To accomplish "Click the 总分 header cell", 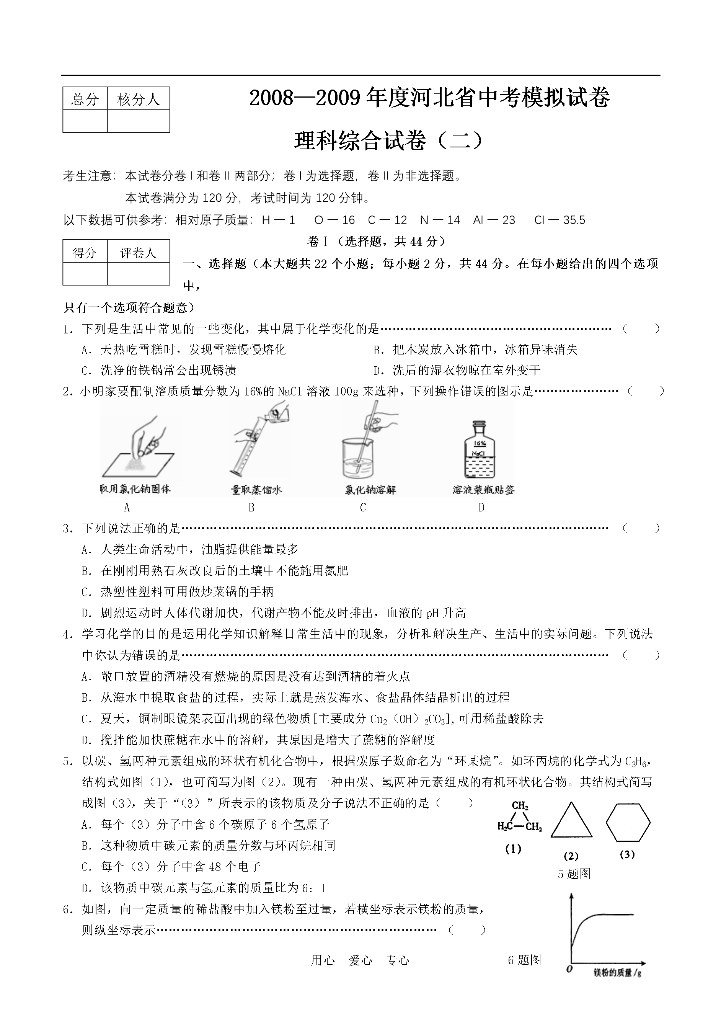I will tap(85, 99).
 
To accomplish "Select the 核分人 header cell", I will tap(139, 99).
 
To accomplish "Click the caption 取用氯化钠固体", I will tap(135, 489).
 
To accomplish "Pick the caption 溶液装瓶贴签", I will tap(483, 490).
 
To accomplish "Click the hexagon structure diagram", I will tap(628, 822).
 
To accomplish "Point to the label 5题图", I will tap(574, 874).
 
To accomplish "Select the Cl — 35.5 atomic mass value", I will tap(560, 220).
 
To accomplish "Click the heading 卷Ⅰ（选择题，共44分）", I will tap(375, 241).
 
